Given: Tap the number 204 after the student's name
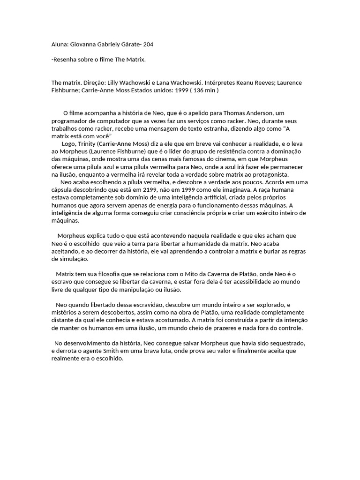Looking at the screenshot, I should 148,45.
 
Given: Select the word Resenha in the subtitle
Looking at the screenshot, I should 65,59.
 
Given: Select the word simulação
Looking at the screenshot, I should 69,259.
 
